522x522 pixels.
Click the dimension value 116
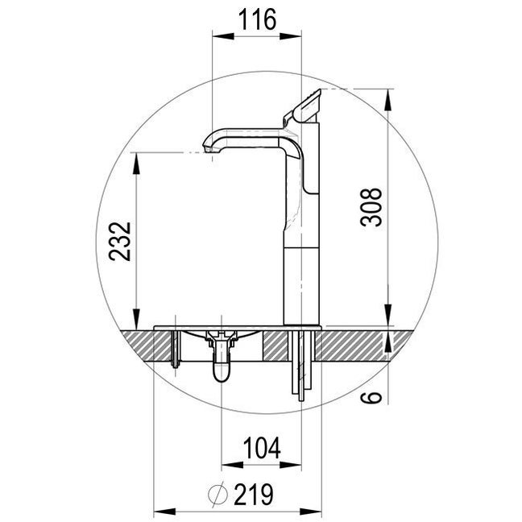pos(257,19)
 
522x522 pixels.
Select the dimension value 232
pos(120,242)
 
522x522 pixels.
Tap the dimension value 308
pos(371,207)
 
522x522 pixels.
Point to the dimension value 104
pos(262,448)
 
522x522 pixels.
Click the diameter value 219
pos(254,494)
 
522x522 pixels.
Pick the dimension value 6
pos(371,397)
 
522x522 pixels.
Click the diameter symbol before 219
pos(218,494)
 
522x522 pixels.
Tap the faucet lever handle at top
pos(302,106)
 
